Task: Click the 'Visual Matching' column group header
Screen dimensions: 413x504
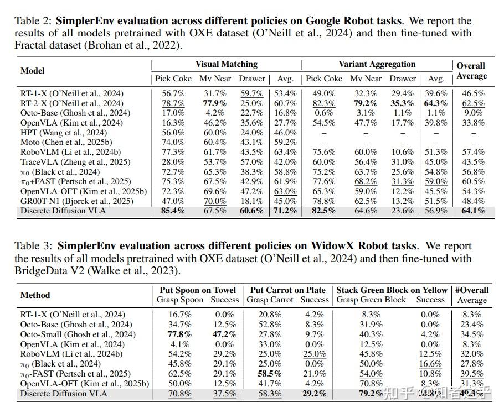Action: tap(227, 65)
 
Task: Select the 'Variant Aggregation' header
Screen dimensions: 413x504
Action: tap(377, 65)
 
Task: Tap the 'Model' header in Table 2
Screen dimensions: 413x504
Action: tap(33, 71)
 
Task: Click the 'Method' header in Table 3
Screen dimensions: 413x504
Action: tap(35, 295)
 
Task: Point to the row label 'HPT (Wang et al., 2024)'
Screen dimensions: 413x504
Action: tap(64, 133)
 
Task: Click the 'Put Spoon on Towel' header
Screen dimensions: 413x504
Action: tap(198, 290)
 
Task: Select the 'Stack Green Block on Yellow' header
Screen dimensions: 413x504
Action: tap(392, 290)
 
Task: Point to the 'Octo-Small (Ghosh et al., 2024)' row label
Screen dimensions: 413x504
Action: tap(78, 334)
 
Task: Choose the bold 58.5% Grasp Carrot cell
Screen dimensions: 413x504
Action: tap(270, 374)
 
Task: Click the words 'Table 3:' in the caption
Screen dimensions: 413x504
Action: tap(34, 246)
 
